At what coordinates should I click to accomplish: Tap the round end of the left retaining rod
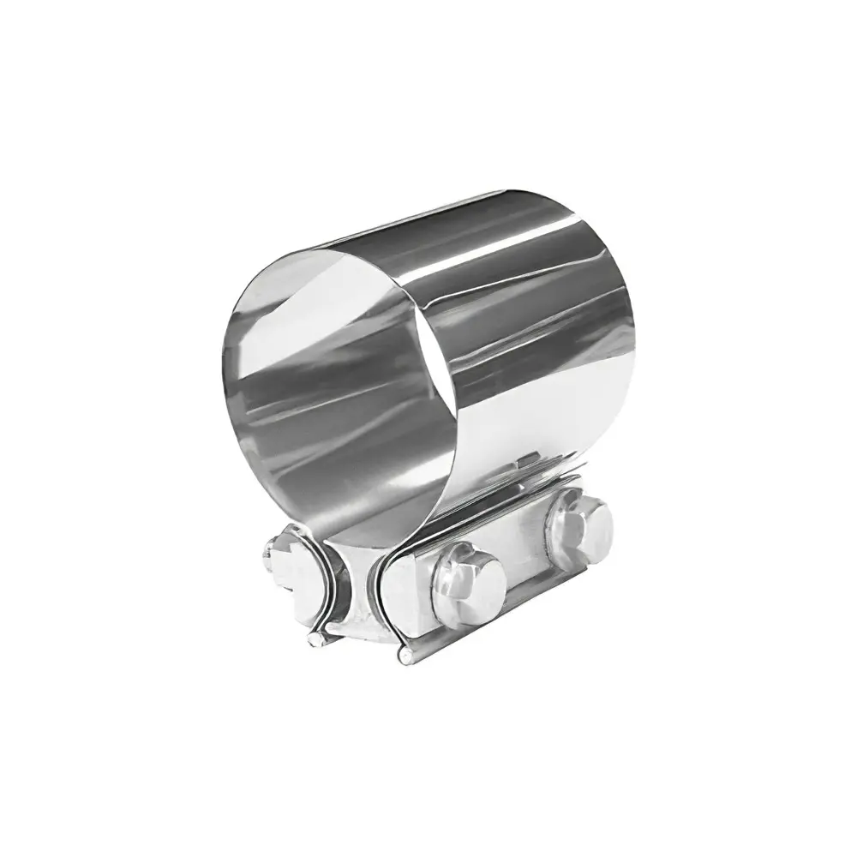tap(316, 639)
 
